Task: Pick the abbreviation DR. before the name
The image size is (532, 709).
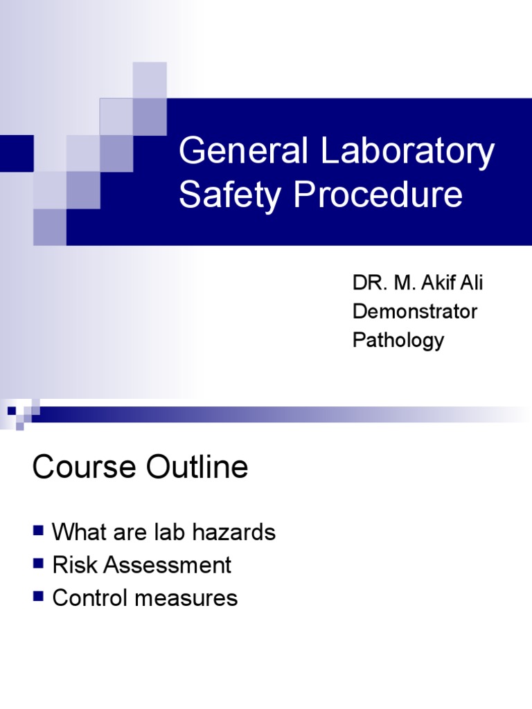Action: [367, 282]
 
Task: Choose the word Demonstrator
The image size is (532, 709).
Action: [415, 312]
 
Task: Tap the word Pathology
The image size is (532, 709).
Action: [398, 341]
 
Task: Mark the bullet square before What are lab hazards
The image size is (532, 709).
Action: [38, 531]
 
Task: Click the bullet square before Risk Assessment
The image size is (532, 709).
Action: [38, 564]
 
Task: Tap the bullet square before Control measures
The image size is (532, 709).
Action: [38, 596]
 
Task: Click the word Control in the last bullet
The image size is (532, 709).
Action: [93, 598]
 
